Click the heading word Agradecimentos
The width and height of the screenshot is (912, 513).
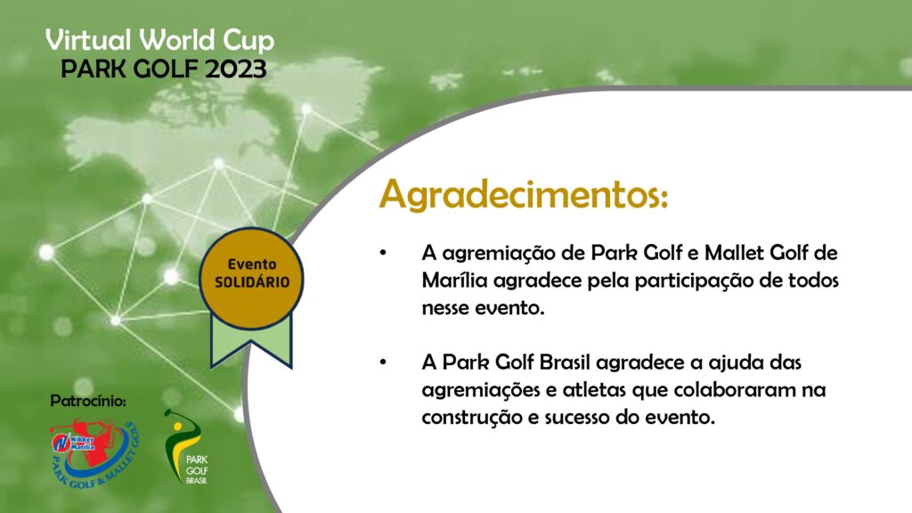524,195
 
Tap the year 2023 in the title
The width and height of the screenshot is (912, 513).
235,69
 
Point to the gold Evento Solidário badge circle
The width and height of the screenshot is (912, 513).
251,278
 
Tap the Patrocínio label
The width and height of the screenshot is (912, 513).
88,401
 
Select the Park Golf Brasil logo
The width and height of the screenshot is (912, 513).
187,447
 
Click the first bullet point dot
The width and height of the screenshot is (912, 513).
383,252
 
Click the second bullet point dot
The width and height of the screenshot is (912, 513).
383,362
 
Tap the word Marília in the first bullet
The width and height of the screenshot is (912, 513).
454,281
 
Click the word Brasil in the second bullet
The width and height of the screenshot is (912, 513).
564,362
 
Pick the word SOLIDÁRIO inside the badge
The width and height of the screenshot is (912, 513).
252,282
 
